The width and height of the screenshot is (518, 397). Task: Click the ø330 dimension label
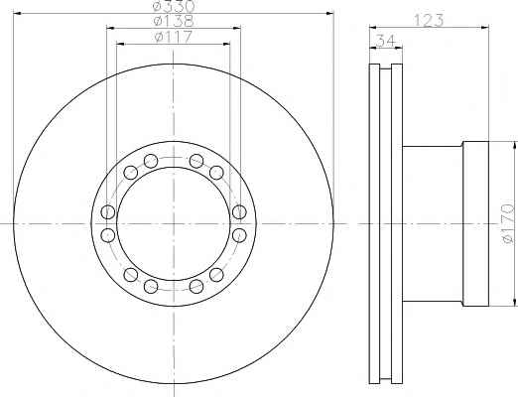point(175,6)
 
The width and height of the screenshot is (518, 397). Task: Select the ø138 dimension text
point(174,21)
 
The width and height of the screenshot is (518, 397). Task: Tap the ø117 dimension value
point(174,37)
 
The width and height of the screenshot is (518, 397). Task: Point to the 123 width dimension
point(429,21)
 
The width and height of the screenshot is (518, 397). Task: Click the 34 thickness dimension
point(386,41)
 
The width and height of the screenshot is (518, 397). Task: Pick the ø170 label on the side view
point(509,223)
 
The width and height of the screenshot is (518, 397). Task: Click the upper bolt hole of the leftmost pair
point(108,211)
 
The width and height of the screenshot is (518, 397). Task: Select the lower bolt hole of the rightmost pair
point(239,235)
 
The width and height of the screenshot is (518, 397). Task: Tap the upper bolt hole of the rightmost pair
point(239,212)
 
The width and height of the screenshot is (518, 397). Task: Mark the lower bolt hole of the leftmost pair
point(108,235)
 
